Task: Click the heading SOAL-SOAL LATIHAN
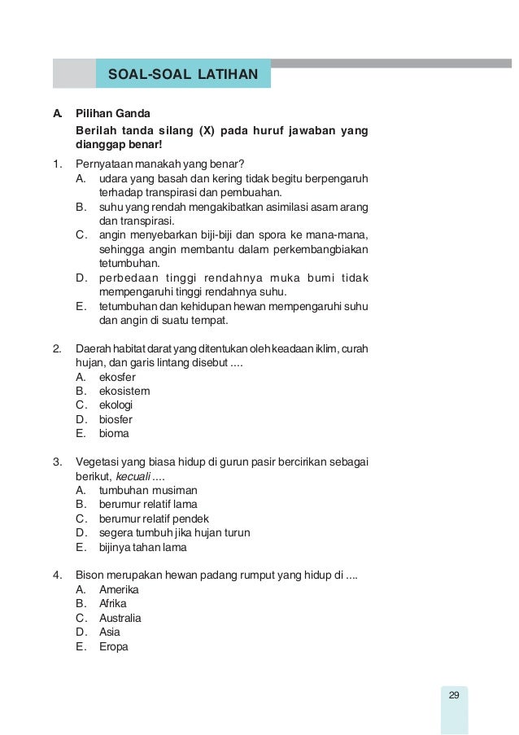(183, 76)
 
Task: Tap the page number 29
(454, 694)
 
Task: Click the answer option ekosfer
(117, 377)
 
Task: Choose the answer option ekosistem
(124, 391)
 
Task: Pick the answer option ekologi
(116, 405)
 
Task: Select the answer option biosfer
(116, 419)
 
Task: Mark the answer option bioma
(114, 433)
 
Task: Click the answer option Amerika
(119, 588)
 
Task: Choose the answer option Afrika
(114, 603)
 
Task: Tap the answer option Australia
(120, 618)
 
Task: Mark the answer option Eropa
(114, 646)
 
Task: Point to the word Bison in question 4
(89, 575)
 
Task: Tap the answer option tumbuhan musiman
(148, 490)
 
